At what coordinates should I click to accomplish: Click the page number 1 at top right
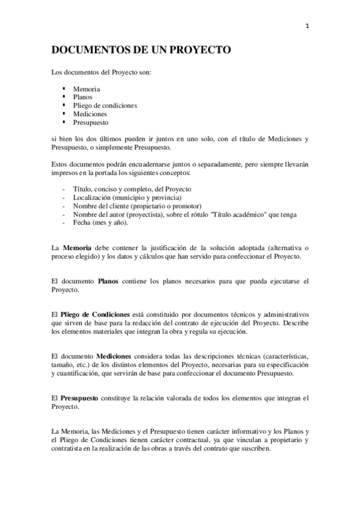pyautogui.click(x=307, y=25)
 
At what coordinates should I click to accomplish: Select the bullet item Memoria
pyautogui.click(x=87, y=89)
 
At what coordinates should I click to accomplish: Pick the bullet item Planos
pyautogui.click(x=83, y=97)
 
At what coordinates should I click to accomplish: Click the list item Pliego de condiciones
pyautogui.click(x=105, y=105)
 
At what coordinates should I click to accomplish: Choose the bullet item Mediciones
pyautogui.click(x=90, y=114)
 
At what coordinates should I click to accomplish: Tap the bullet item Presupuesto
pyautogui.click(x=91, y=122)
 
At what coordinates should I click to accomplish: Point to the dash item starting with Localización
pyautogui.click(x=127, y=197)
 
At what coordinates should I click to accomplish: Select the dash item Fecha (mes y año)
pyautogui.click(x=100, y=223)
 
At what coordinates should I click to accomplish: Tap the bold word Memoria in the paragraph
pyautogui.click(x=76, y=248)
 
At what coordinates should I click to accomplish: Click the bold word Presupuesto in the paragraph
pyautogui.click(x=84, y=398)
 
